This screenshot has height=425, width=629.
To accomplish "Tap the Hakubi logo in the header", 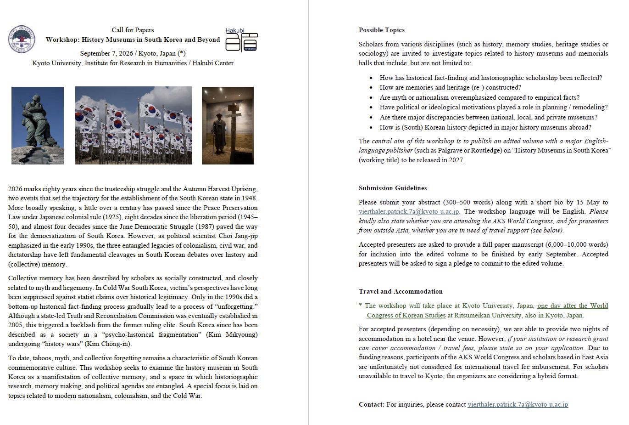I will [x=241, y=40].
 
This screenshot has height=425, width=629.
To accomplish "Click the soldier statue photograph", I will [x=38, y=125].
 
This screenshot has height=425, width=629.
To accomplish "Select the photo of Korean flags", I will [x=133, y=125].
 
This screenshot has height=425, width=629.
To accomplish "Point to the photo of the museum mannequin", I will [x=228, y=125].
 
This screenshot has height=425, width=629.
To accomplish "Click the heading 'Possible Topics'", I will [x=381, y=30].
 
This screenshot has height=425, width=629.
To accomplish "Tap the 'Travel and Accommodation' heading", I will [x=400, y=291].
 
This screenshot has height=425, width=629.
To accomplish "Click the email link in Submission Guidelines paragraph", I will [x=409, y=212].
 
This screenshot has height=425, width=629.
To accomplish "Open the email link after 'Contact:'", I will [x=518, y=405].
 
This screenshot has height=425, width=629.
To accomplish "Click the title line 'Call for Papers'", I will [x=133, y=30].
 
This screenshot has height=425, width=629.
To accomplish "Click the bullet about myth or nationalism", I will [x=479, y=97].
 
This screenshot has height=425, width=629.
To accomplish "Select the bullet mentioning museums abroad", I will [x=485, y=127].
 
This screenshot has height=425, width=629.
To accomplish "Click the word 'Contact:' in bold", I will [x=372, y=405].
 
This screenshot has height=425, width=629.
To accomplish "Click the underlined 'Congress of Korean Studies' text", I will [x=406, y=315].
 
